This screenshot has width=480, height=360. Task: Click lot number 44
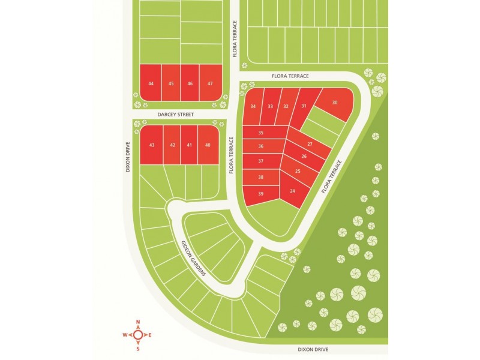point(151,83)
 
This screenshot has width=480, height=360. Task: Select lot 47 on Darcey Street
point(209,83)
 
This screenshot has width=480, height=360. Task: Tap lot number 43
point(152,145)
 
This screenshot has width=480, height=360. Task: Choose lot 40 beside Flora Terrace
point(208,145)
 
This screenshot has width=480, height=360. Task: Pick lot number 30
point(335,103)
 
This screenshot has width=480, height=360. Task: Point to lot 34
point(253,106)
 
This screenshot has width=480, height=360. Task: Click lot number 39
point(261,194)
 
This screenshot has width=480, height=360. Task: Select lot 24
point(292,191)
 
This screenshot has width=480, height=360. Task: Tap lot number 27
point(310,145)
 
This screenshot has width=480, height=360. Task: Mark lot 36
point(261,146)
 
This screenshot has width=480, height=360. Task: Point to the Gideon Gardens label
point(194,258)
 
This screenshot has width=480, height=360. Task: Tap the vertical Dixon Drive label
point(128,157)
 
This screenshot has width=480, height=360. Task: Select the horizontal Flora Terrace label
point(290,76)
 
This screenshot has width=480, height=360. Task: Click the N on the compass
point(138,321)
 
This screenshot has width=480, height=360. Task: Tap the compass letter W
point(125,334)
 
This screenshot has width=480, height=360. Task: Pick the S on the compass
point(138,347)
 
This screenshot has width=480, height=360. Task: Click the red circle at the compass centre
point(138,334)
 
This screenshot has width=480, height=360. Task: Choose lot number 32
point(286,106)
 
